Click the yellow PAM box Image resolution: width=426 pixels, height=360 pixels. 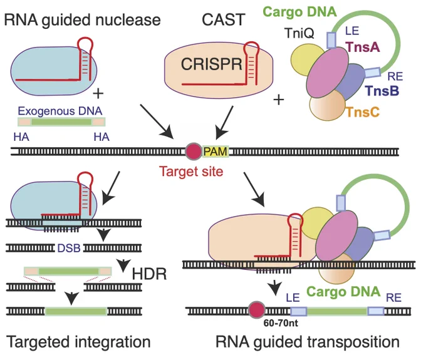click(x=215, y=152)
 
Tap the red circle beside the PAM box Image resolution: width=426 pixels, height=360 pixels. click(x=194, y=152)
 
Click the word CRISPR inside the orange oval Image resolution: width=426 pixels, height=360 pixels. click(x=211, y=64)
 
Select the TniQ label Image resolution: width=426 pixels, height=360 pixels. click(x=299, y=33)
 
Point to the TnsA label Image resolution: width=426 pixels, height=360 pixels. click(x=363, y=47)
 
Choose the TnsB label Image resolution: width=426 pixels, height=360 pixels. click(x=382, y=91)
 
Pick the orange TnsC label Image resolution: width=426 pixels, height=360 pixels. click(x=363, y=112)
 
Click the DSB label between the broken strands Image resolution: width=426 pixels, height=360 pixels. click(x=69, y=248)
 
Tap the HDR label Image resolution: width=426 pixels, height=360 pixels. click(x=149, y=274)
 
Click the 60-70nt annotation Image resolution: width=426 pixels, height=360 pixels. click(x=281, y=323)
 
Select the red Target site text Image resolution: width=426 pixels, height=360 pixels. click(x=191, y=172)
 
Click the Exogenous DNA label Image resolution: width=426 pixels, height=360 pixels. click(x=60, y=111)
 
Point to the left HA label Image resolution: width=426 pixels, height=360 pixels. click(x=21, y=137)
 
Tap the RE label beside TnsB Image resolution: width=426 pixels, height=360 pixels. click(x=395, y=76)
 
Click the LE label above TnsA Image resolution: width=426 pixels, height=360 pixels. click(x=352, y=31)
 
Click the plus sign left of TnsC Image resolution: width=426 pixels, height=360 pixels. click(x=279, y=100)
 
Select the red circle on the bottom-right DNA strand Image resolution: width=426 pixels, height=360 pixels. click(x=257, y=309)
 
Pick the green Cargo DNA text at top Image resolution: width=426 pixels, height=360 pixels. click(x=300, y=12)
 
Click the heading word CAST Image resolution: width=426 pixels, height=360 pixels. click(x=223, y=19)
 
